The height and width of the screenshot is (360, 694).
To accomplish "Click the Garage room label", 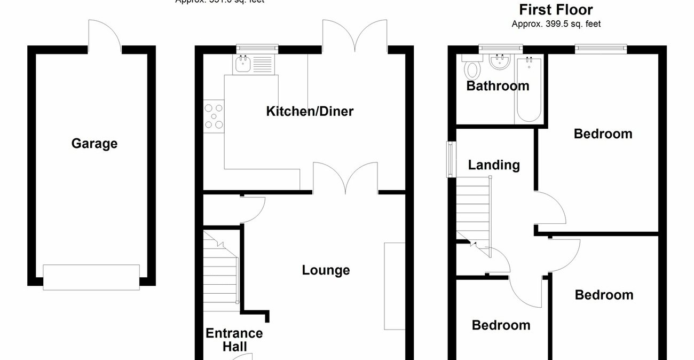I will tap(94, 144).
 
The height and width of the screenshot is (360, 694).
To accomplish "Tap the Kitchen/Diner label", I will tap(310, 112).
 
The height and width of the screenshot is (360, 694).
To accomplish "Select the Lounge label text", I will tap(326, 270).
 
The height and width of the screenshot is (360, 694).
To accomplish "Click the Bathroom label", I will tap(498, 86).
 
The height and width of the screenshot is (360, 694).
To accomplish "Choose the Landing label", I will tap(494, 165).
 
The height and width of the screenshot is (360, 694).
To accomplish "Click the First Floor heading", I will tap(556, 10).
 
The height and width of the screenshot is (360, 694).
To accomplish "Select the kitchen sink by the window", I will tap(255, 65).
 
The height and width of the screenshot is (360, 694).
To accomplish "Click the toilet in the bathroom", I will tap(472, 69).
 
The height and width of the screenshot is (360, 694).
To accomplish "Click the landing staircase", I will tap(473, 210).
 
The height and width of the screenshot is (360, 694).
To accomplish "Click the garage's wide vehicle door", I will tap(91, 277).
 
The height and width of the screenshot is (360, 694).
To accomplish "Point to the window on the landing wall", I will tap(452, 159).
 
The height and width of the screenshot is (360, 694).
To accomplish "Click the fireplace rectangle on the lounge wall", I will tap(394, 286).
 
